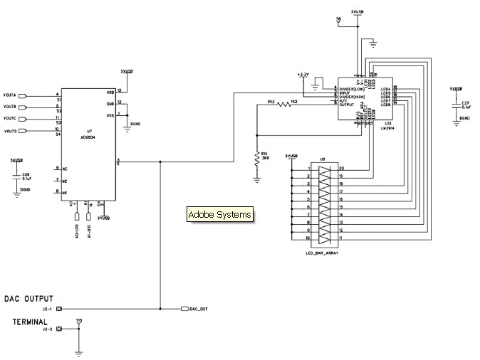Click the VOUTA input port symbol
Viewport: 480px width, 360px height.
[22, 95]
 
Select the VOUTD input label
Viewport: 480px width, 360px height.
[9, 132]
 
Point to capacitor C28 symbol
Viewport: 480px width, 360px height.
[15, 177]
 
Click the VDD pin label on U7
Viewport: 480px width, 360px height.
[110, 92]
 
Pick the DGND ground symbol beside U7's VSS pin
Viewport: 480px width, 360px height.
[126, 122]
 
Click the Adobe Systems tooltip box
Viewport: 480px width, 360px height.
[219, 214]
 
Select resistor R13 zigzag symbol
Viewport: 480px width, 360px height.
[285, 104]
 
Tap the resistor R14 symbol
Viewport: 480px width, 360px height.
[257, 159]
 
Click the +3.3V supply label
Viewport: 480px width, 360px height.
[302, 74]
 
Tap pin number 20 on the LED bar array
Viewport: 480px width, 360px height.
[341, 168]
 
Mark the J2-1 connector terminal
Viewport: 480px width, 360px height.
[60, 309]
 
